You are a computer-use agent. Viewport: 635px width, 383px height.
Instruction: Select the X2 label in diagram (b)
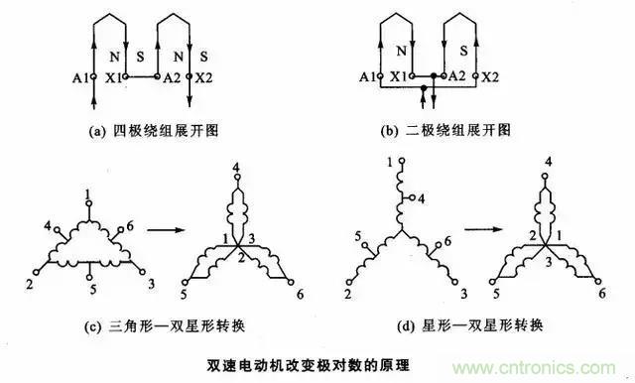coord(489,75)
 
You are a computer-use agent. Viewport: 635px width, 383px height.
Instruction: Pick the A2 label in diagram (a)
coord(174,75)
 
